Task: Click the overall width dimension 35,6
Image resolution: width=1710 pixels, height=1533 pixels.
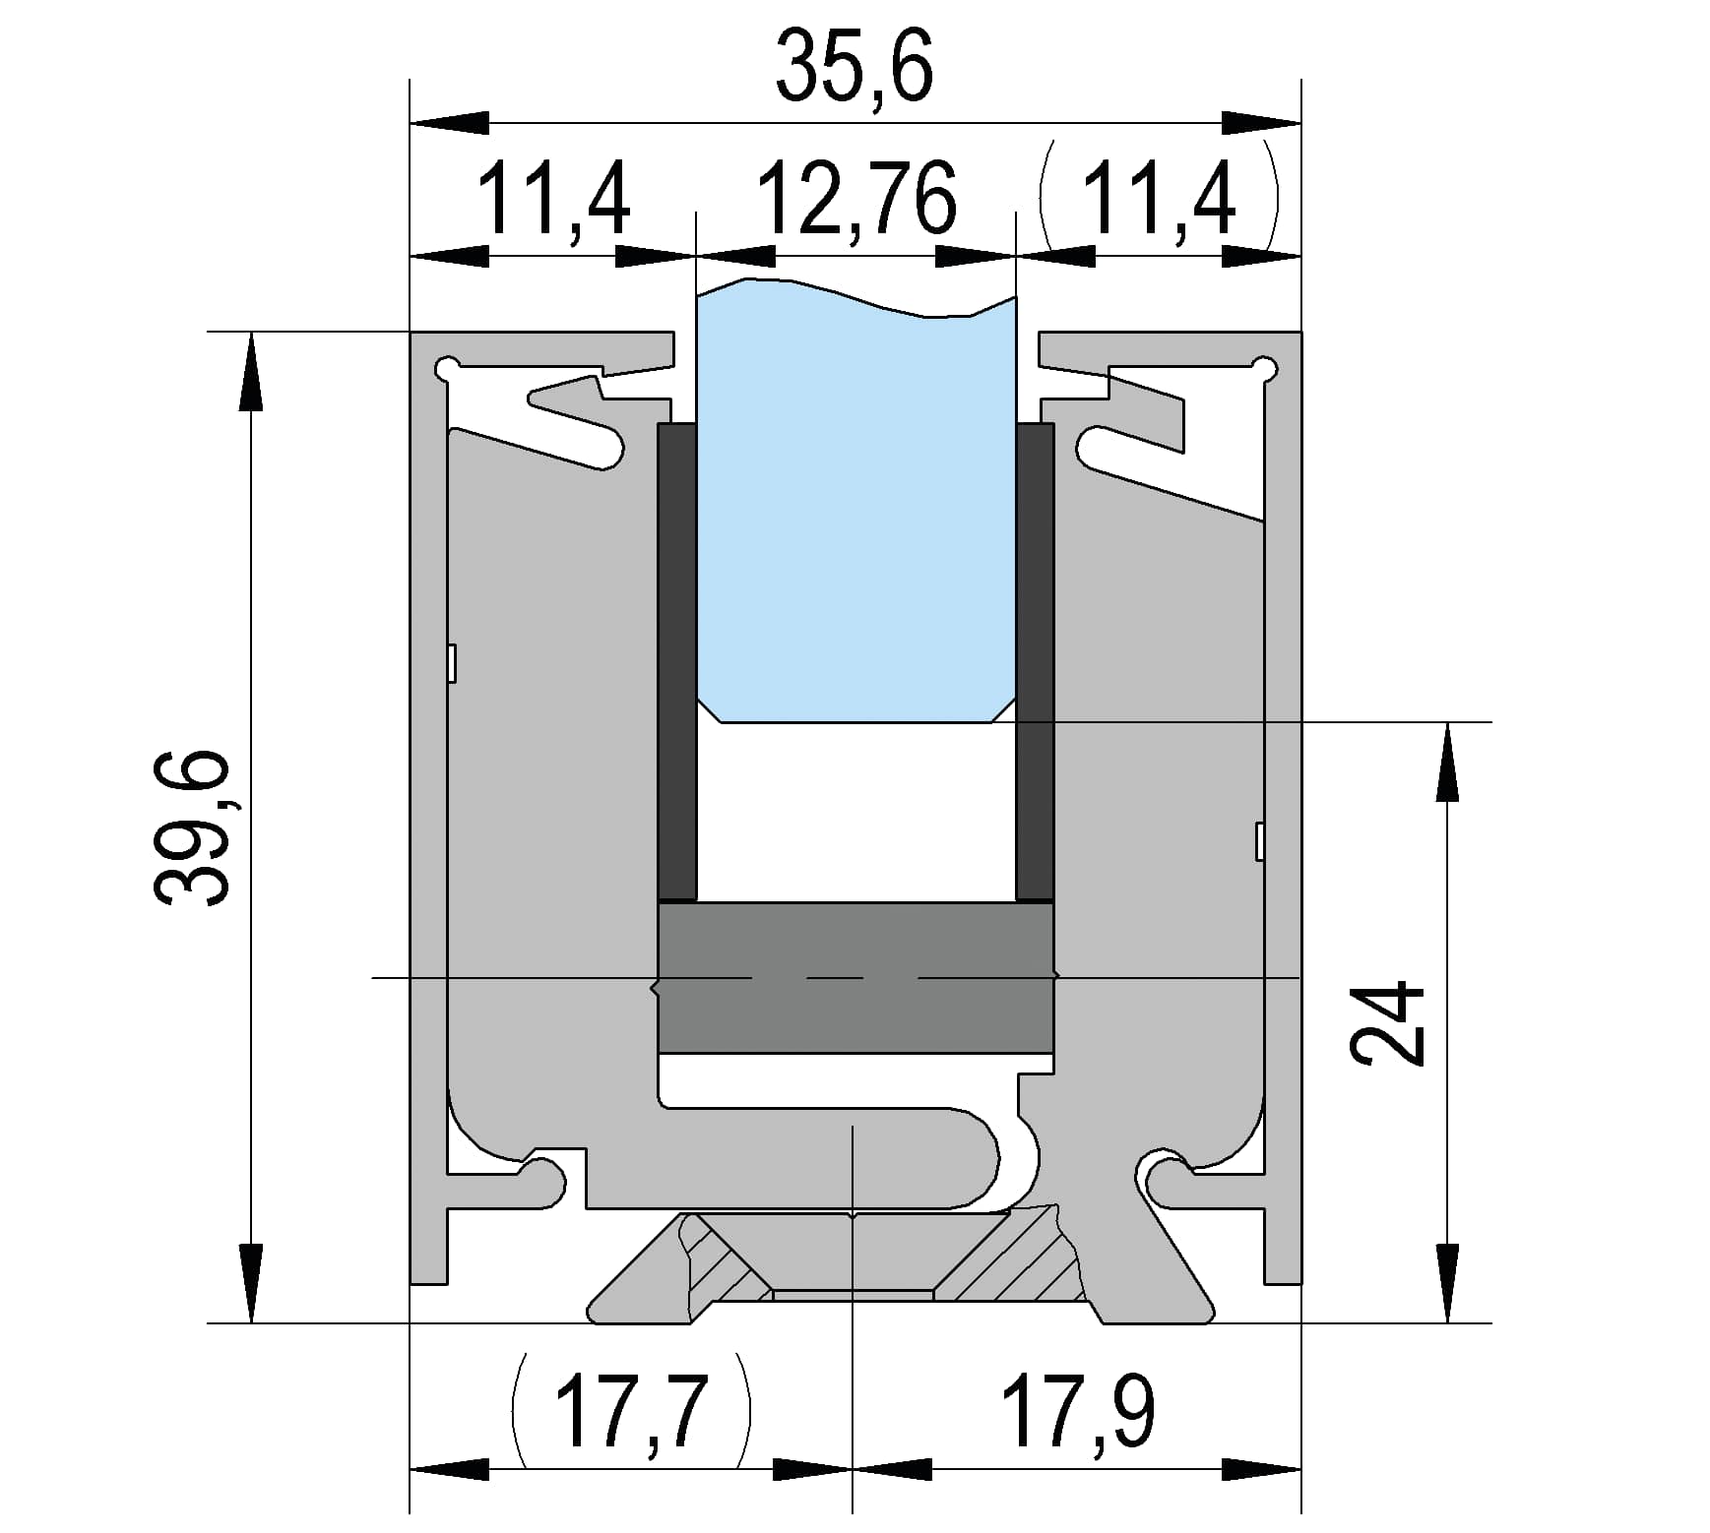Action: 854,67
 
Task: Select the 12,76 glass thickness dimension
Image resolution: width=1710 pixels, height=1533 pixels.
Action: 855,201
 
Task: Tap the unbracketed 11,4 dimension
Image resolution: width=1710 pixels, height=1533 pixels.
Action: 553,201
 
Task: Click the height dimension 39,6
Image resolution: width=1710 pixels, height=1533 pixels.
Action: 191,827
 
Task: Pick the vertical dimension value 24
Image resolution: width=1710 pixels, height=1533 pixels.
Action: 1387,1022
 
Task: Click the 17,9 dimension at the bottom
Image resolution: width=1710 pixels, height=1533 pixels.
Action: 1077,1412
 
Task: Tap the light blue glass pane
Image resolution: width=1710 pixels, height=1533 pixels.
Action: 855,502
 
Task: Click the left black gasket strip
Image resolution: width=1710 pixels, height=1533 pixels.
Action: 677,662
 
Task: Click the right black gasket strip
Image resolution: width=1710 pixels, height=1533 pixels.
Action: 1035,662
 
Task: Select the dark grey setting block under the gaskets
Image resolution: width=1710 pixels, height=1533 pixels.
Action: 855,977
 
